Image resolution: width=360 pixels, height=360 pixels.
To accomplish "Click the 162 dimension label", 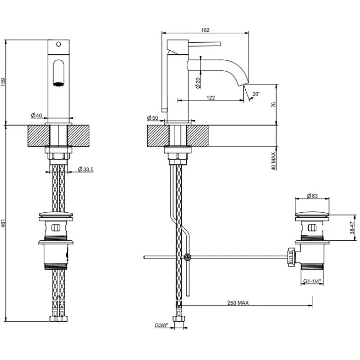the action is pyautogui.click(x=205, y=30).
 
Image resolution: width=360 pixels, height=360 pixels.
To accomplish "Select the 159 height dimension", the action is pyautogui.click(x=3, y=82).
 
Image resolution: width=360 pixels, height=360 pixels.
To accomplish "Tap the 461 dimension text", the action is pyautogui.click(x=3, y=223).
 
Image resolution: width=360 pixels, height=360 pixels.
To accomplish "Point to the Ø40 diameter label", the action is pyautogui.click(x=36, y=115).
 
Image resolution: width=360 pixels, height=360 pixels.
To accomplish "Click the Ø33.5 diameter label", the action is pyautogui.click(x=85, y=170).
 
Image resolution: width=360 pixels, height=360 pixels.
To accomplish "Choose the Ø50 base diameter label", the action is pyautogui.click(x=153, y=118).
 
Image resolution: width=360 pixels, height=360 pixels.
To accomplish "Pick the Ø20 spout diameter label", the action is pyautogui.click(x=198, y=83).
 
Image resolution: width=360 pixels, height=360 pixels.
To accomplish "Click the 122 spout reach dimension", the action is pyautogui.click(x=211, y=98).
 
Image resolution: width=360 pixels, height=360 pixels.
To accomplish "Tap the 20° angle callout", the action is pyautogui.click(x=256, y=94).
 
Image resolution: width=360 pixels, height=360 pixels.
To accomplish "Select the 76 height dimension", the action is pyautogui.click(x=273, y=104).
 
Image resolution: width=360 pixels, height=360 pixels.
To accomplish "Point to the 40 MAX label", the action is pyautogui.click(x=274, y=161).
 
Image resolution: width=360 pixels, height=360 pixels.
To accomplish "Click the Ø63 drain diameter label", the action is pyautogui.click(x=312, y=196).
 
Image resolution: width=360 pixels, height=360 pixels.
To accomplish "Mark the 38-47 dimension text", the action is pyautogui.click(x=352, y=228).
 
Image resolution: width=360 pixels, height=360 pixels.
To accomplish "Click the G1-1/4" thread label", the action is pyautogui.click(x=312, y=281).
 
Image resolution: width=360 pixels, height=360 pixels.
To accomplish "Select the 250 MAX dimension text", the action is pyautogui.click(x=238, y=303).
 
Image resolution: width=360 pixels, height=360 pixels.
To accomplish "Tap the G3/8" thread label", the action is pyautogui.click(x=162, y=325).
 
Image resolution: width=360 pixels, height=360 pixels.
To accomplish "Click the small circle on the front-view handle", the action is pyautogui.click(x=58, y=44).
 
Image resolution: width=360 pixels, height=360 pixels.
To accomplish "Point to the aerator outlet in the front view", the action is pyautogui.click(x=58, y=84).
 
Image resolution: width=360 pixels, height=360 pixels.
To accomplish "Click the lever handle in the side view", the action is pyautogui.click(x=205, y=44).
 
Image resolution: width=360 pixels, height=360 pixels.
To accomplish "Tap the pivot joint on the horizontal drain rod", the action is pyautogui.click(x=188, y=257).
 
